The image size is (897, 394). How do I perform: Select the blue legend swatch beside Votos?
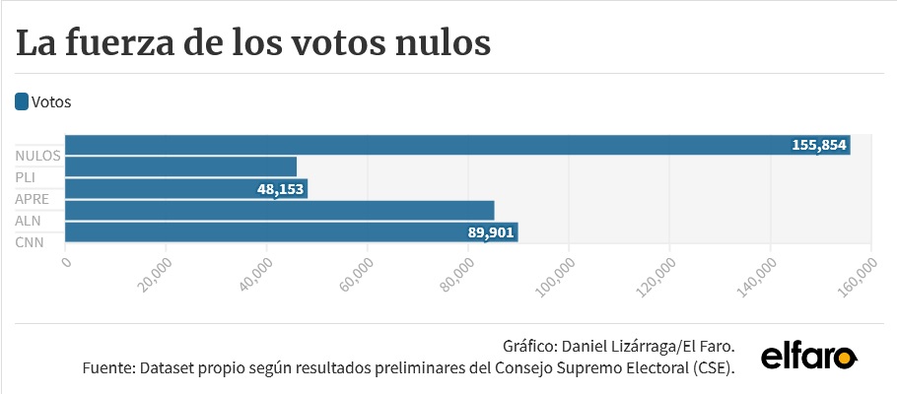pyautogui.click(x=22, y=101)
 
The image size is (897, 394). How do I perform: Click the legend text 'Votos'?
pyautogui.click(x=51, y=102)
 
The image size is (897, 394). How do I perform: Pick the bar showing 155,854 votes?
pyautogui.click(x=457, y=145)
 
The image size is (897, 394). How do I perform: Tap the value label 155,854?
pyautogui.click(x=818, y=145)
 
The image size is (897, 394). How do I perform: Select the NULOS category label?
pyautogui.click(x=37, y=156)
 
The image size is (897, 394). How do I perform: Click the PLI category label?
pyautogui.click(x=26, y=178)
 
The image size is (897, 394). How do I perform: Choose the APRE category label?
pyautogui.click(x=32, y=200)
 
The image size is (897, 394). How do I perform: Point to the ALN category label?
pyautogui.click(x=28, y=222)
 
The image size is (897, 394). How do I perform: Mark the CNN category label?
pyautogui.click(x=30, y=243)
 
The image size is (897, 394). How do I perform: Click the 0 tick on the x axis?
pyautogui.click(x=67, y=261)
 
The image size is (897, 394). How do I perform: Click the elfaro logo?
pyautogui.click(x=809, y=358)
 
